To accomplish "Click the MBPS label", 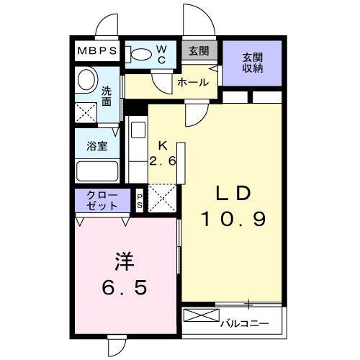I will [99, 52].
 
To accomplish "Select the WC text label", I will [161, 55].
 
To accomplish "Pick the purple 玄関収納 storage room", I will [251, 63].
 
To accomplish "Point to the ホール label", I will [193, 83].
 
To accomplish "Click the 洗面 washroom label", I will [106, 96].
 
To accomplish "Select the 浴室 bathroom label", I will [98, 145].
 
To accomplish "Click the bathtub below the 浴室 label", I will [97, 171].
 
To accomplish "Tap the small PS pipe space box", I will [140, 201].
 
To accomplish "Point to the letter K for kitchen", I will [163, 144].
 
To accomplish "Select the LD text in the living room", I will [233, 194].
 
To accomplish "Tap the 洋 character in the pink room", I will [124, 260].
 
